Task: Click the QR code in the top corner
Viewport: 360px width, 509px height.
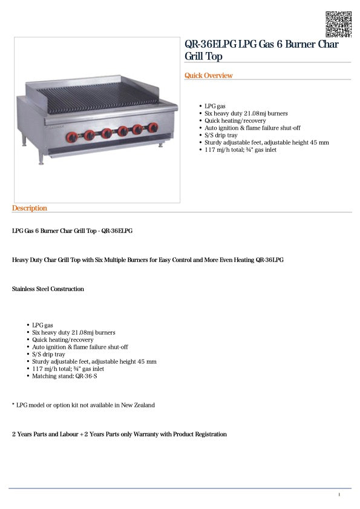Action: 338,24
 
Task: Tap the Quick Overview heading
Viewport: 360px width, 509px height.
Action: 208,76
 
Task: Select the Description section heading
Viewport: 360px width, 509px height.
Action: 29,208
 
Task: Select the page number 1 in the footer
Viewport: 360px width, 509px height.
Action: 339,495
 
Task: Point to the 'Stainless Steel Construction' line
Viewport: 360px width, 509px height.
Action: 48,289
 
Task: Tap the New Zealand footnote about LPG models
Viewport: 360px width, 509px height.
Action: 83,405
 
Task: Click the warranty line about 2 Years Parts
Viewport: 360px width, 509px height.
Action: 119,434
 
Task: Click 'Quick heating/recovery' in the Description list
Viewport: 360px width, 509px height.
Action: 63,340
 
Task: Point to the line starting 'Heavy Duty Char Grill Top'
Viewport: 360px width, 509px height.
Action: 148,260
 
